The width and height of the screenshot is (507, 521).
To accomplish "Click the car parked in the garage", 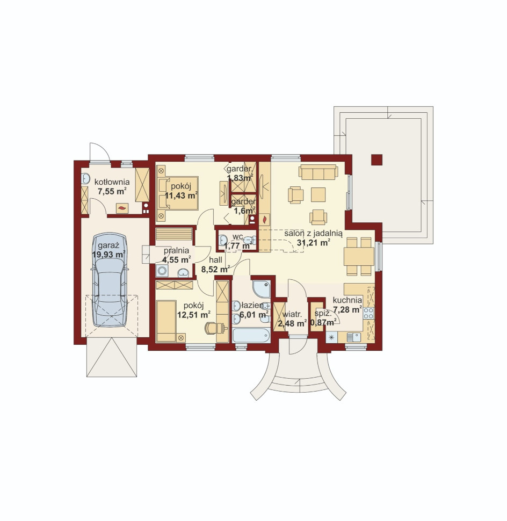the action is point(110,280).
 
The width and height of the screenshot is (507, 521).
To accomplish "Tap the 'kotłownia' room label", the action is point(112,182).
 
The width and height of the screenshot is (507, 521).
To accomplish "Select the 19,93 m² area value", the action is point(108,255).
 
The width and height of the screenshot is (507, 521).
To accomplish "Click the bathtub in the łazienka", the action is point(251,335).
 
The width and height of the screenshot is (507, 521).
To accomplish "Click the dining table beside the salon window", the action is point(359,256).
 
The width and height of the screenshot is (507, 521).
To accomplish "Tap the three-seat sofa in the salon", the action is point(318,172).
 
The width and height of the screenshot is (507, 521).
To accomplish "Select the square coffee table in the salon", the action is point(318,194).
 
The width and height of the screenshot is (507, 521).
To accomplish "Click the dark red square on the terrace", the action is point(377,160).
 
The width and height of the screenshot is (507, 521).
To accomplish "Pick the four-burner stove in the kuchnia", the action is point(369,313).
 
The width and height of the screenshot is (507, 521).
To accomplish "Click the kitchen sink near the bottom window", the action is point(354,337).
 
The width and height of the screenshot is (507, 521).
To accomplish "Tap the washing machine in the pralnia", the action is point(162,271).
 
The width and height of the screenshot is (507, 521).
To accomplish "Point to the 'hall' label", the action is point(215,260).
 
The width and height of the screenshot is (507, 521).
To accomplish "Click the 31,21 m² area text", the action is point(313,243).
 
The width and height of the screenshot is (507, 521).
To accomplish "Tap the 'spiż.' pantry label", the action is point(321,313).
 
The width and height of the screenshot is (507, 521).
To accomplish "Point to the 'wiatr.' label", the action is point(292,314).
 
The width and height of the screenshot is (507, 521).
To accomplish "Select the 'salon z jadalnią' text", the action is point(313,234).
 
